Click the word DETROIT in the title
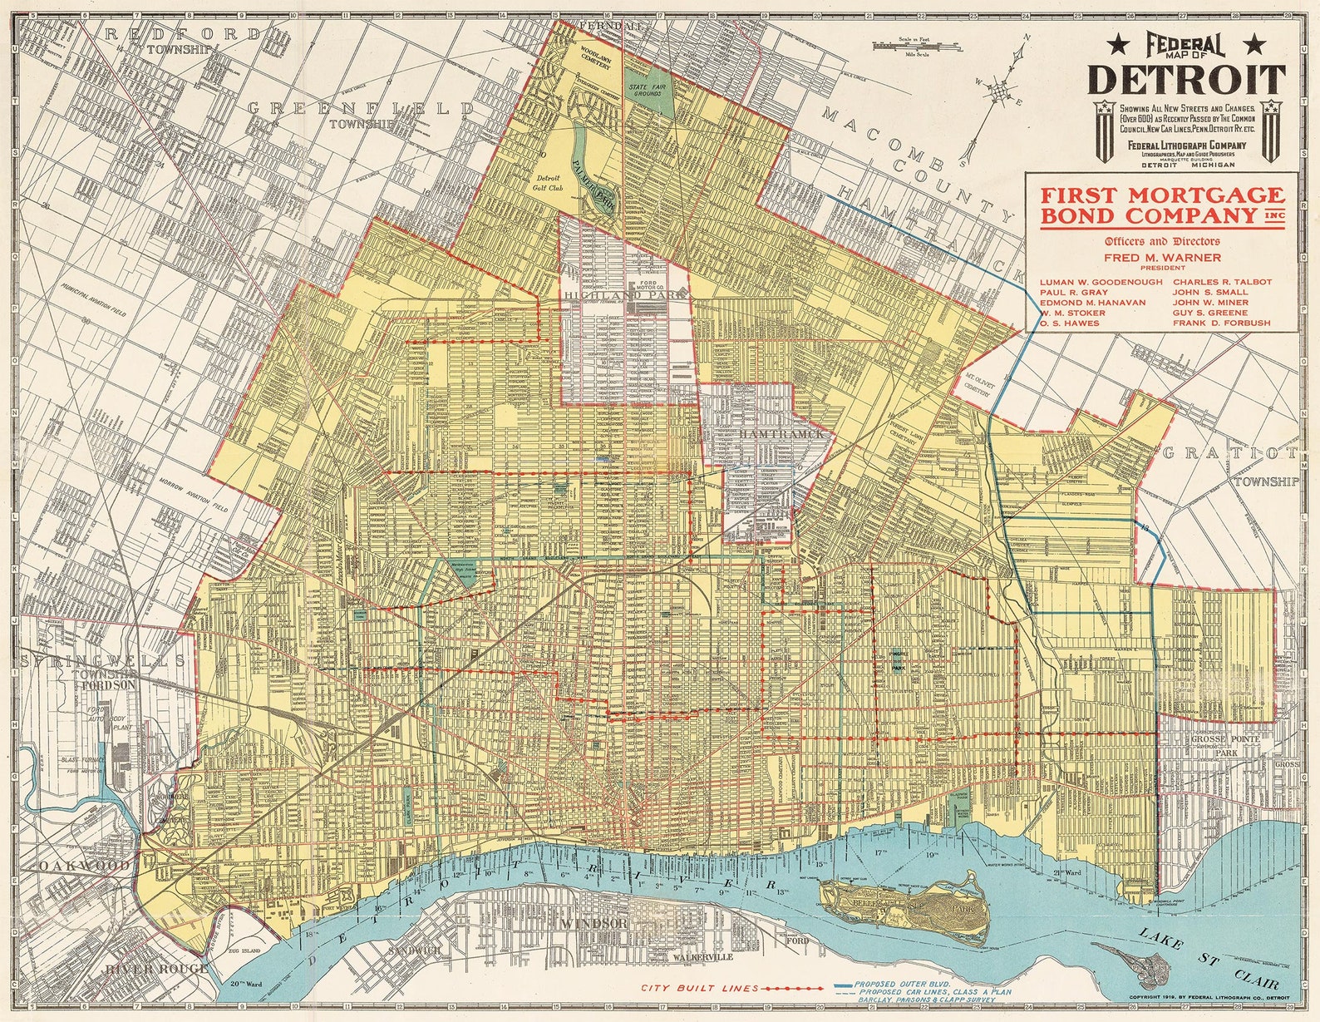click(x=1186, y=79)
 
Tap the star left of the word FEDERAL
click(x=1120, y=44)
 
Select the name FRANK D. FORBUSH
click(x=1221, y=323)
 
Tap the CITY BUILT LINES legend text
click(x=699, y=988)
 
